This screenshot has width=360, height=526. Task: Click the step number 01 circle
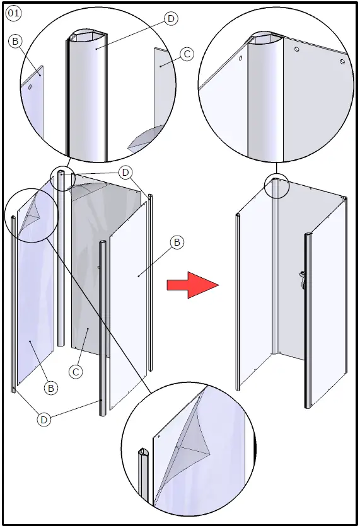13,13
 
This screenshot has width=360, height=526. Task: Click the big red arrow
193,285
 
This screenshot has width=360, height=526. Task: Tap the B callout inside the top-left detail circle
15,42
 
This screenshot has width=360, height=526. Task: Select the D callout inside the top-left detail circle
171,19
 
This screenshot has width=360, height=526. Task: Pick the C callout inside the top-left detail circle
187,54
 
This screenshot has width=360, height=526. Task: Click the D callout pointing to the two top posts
125,173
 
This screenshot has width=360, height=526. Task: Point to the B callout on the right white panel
177,242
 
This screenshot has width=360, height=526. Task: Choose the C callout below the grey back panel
76,372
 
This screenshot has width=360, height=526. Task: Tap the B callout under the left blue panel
50,388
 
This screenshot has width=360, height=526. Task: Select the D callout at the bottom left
44,420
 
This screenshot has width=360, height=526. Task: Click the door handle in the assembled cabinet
303,279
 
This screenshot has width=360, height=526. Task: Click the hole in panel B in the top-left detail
30,87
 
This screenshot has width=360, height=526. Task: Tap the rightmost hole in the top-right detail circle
342,62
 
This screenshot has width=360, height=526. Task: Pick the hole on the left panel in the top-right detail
241,58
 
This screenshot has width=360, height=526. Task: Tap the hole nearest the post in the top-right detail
296,49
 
